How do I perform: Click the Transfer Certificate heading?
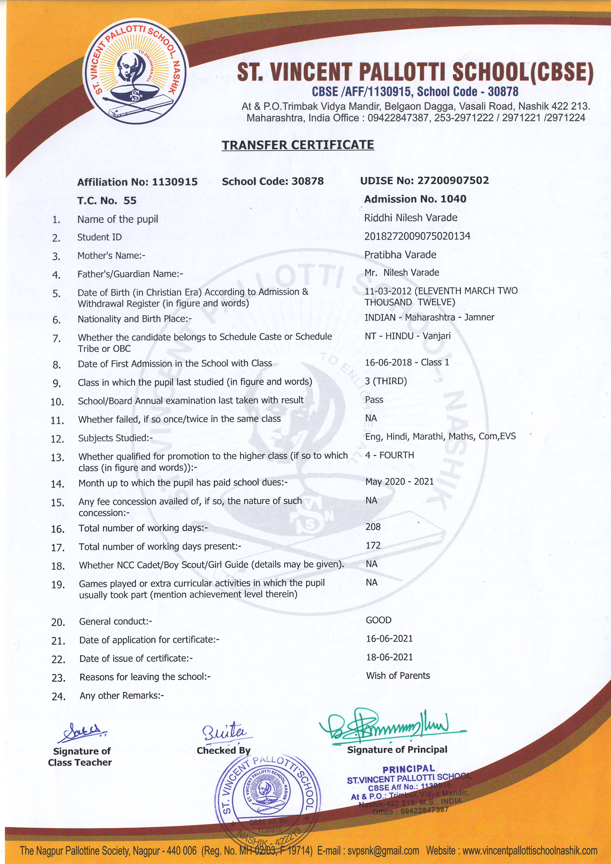297,145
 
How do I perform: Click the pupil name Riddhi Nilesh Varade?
411,218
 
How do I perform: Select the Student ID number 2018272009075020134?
417,236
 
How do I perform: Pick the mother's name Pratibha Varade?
400,255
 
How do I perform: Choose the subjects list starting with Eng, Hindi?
440,436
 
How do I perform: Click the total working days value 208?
373,527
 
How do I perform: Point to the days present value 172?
373,545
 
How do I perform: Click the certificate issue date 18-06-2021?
389,657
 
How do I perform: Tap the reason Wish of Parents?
398,676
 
